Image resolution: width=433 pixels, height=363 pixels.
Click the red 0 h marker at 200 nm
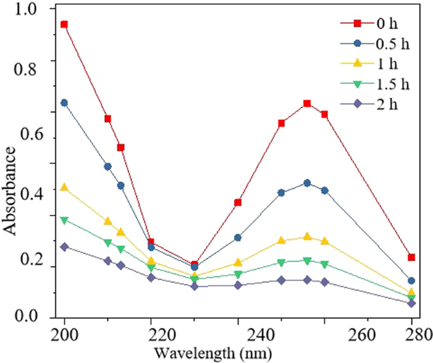[x=64, y=25]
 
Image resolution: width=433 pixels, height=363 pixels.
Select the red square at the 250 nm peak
[x=307, y=104]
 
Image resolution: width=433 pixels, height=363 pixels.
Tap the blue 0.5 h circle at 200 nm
[x=64, y=103]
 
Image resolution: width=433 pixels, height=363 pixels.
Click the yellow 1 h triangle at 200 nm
[x=64, y=187]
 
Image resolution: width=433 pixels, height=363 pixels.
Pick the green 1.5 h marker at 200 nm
[x=64, y=220]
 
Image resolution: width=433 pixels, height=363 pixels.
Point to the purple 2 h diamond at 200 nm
[x=64, y=247]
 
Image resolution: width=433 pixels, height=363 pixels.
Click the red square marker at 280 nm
[x=412, y=257]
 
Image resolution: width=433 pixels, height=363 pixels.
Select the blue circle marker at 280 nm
[x=412, y=281]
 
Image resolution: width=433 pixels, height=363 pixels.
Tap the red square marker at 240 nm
[x=238, y=202]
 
